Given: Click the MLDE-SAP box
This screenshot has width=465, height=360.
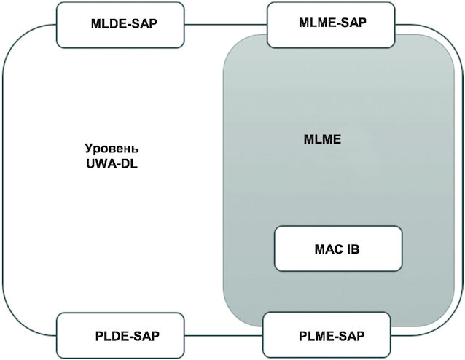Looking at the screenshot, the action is [120, 25].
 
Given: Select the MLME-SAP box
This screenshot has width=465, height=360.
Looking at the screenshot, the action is [331, 25].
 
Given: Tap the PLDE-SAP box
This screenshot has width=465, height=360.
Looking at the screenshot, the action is [120, 335].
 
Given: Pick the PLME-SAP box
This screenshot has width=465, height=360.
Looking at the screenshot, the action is [327, 334].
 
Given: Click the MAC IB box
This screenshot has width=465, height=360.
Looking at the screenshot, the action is [338, 249].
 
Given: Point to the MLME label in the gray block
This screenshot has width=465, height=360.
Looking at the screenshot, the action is [322, 139].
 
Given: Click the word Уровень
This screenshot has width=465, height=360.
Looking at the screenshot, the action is [112, 149].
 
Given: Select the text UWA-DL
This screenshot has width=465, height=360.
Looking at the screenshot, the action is [112, 164].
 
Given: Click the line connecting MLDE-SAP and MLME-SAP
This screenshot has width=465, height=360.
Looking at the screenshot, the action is [226, 25].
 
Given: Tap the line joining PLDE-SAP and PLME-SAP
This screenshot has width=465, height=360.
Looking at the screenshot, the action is [224, 335].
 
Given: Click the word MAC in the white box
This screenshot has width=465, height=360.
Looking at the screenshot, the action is [328, 249].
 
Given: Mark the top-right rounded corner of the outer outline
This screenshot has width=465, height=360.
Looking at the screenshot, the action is [454, 35].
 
